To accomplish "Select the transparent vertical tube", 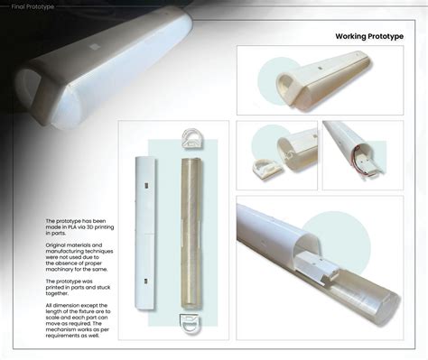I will [x=191, y=230].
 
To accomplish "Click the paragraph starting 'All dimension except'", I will [x=77, y=321].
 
